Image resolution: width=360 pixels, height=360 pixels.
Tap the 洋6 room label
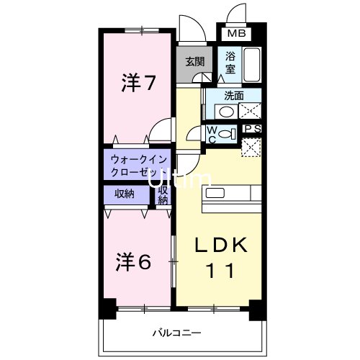coord(134,262)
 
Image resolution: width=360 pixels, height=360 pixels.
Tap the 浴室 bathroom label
coord(230,63)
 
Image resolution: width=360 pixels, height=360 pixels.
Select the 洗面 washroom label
coord(232,95)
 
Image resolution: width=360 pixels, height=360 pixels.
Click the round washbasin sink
coord(226,112)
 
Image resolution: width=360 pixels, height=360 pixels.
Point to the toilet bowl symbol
coord(225,135)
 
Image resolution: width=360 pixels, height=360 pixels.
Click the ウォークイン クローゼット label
coord(138,166)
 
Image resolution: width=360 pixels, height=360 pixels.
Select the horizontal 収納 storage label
coord(125,194)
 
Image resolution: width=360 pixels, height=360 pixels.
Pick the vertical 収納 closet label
coord(163,196)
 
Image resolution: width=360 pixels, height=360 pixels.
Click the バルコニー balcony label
coord(174,333)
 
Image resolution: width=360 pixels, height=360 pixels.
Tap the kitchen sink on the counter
coord(216,194)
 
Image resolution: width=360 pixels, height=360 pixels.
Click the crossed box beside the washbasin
coord(249,111)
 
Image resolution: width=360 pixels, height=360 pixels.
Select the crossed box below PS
coord(251,146)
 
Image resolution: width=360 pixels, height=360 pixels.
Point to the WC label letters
coord(212,135)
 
